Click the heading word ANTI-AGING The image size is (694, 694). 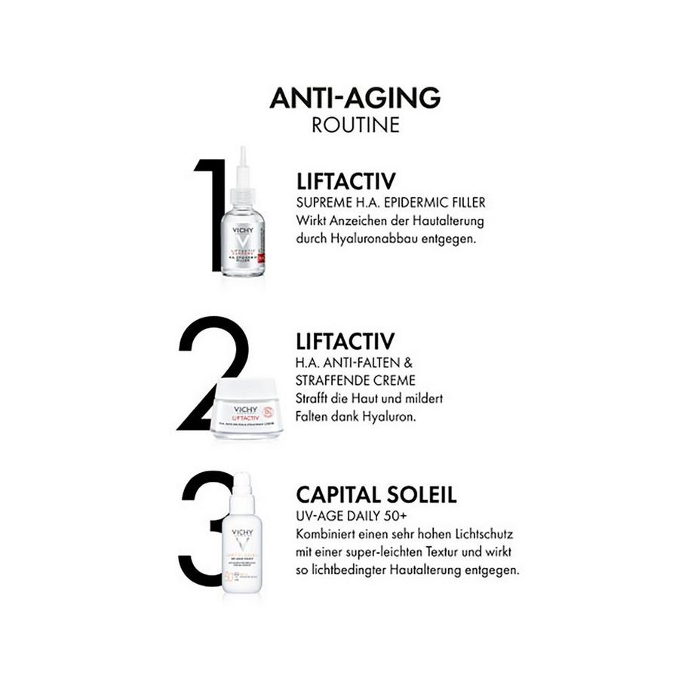(355, 98)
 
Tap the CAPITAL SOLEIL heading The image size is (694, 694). (376, 496)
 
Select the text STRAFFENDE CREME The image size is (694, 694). (356, 379)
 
